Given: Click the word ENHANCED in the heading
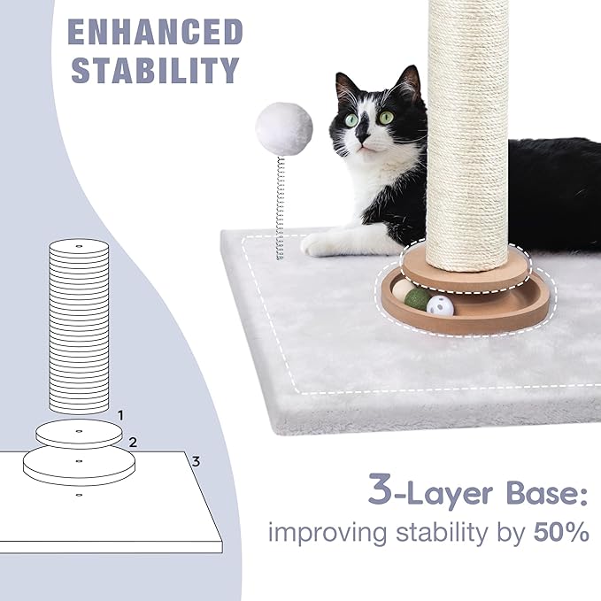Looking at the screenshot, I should tap(155, 33).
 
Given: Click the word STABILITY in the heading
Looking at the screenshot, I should tap(155, 70).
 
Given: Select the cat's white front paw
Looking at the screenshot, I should tap(320, 243).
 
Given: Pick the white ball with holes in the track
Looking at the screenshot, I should tap(440, 306).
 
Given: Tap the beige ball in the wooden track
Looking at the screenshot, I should tap(403, 290).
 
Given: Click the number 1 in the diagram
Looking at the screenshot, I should tap(121, 414).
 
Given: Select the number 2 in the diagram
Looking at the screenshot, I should tap(132, 441).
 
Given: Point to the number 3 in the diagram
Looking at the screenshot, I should tap(196, 460).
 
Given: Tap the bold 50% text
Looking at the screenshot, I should tap(559, 534).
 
